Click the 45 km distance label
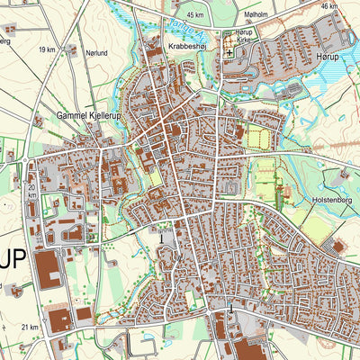click(x=194, y=15)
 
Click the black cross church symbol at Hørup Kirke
click(x=229, y=52)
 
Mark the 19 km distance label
click(x=47, y=50)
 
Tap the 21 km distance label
click(x=31, y=327)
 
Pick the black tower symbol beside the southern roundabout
click(x=230, y=308)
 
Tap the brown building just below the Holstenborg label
click(x=338, y=246)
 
